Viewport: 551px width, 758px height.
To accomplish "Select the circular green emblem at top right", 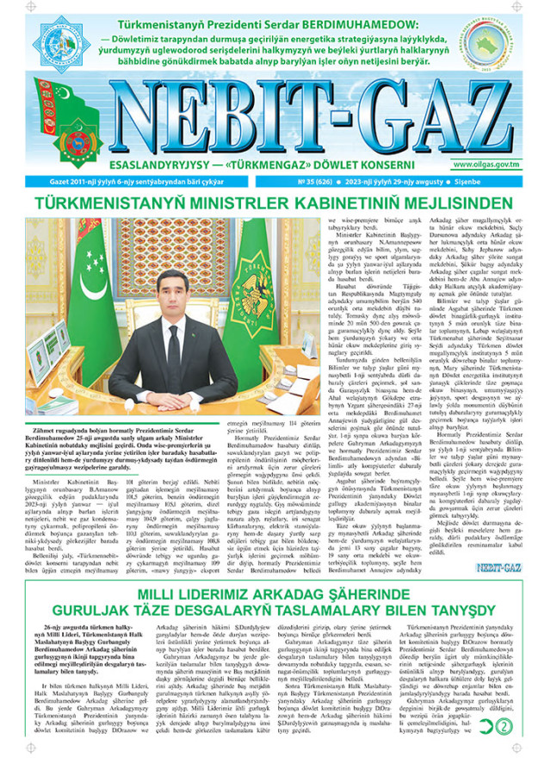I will [503, 43].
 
